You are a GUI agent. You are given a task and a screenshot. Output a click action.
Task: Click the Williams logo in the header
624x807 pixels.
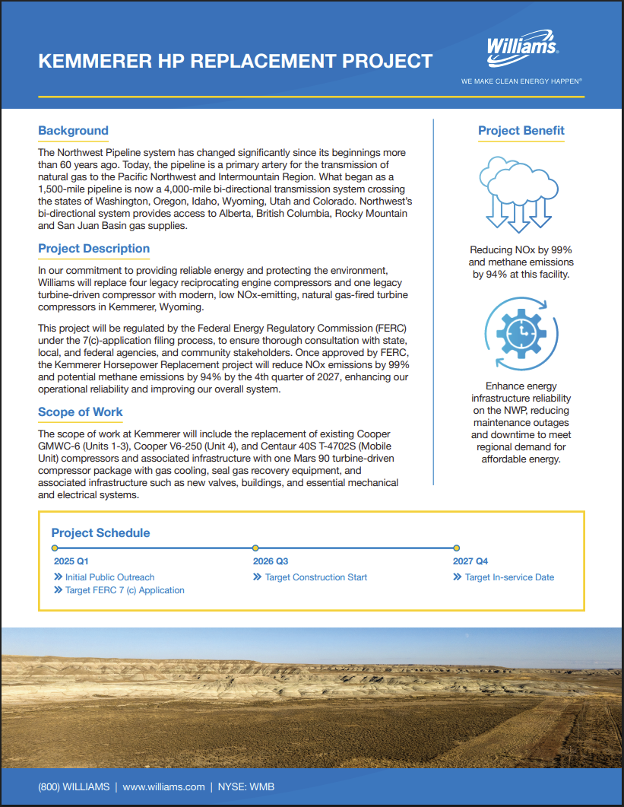click(522, 48)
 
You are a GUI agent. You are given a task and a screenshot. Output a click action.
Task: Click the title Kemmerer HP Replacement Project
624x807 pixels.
click(236, 61)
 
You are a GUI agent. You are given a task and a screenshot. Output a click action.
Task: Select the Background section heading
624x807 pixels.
click(74, 131)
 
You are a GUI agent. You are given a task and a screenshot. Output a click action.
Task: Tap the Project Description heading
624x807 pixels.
click(94, 249)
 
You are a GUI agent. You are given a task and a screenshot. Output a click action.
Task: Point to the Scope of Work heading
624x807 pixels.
click(81, 412)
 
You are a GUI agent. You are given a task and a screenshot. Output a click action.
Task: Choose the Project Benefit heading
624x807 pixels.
click(521, 131)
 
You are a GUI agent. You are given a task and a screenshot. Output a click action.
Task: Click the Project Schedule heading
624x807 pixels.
click(101, 533)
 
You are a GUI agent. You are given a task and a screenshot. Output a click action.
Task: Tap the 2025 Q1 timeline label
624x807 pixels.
click(71, 561)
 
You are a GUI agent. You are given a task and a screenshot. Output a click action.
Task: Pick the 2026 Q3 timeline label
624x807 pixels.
click(271, 561)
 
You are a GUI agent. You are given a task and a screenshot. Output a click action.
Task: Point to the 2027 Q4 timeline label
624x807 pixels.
click(470, 561)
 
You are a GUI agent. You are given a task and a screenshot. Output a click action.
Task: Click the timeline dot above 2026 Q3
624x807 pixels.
click(255, 548)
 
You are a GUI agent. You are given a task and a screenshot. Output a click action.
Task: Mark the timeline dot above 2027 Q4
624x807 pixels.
click(456, 548)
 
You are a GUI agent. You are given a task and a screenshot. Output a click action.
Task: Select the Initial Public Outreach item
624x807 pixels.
click(109, 577)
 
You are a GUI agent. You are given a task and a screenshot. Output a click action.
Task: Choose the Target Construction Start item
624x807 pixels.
click(315, 577)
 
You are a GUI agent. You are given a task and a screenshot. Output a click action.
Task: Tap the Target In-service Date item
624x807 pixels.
click(509, 577)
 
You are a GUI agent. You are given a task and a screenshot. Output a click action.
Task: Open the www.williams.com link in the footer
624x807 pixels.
click(163, 787)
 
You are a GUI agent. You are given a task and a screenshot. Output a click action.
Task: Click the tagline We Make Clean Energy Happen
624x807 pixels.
click(521, 80)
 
